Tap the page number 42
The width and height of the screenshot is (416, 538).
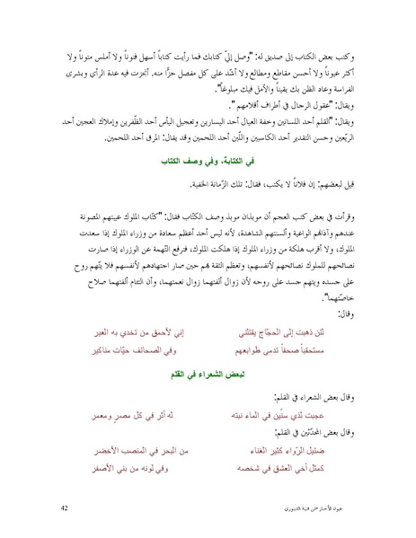(65, 507)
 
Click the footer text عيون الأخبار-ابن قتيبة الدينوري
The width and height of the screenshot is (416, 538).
(322, 507)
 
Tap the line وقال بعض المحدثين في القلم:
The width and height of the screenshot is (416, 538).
(320, 437)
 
